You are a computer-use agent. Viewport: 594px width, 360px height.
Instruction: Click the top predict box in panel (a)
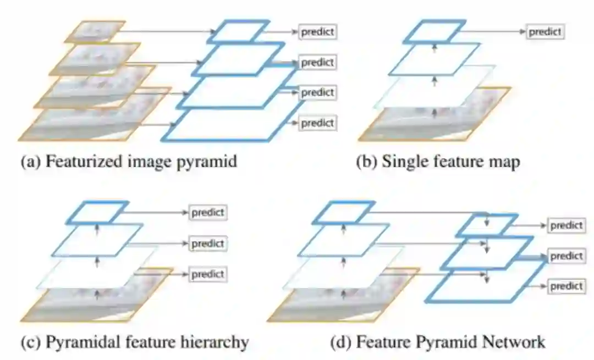pyautogui.click(x=317, y=31)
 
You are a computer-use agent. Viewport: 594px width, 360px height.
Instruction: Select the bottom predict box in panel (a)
pyautogui.click(x=317, y=123)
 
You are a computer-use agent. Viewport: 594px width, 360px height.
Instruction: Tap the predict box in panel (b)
pyautogui.click(x=544, y=31)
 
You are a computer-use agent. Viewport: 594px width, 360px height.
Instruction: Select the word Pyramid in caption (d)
pyautogui.click(x=443, y=342)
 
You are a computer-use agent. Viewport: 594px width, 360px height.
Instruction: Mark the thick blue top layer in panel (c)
pyautogui.click(x=97, y=212)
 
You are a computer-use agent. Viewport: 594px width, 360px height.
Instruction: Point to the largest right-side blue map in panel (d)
pyautogui.click(x=486, y=286)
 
